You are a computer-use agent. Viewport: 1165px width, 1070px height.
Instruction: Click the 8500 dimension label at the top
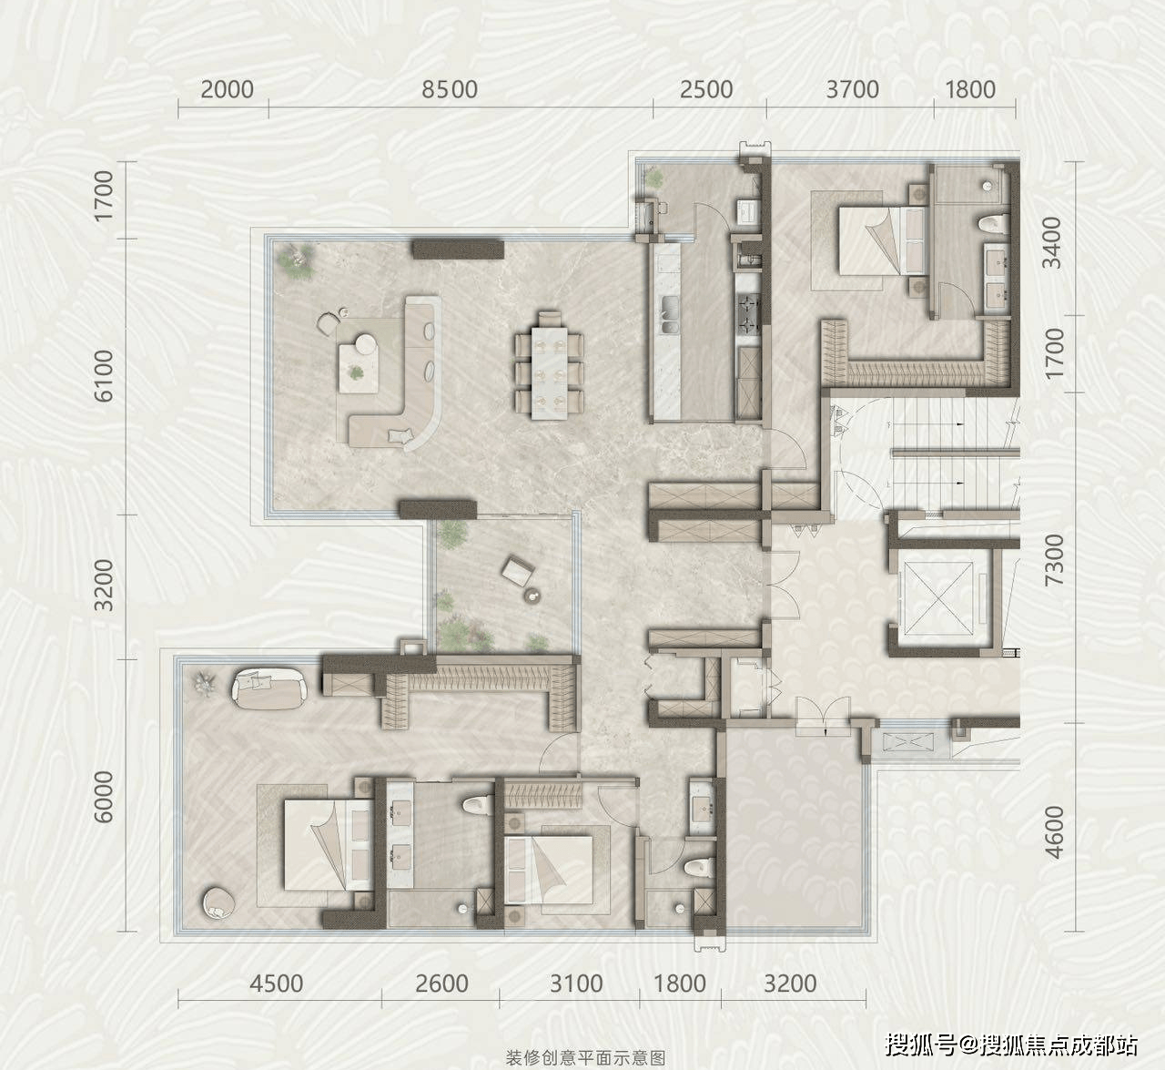click(450, 89)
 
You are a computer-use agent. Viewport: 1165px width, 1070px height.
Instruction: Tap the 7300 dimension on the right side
click(1054, 560)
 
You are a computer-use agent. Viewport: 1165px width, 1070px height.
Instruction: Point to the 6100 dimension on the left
click(105, 375)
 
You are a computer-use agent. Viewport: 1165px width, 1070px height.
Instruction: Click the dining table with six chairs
click(549, 365)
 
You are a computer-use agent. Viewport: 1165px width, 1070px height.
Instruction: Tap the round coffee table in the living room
click(367, 344)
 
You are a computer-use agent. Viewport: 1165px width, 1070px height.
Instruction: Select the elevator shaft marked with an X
click(938, 597)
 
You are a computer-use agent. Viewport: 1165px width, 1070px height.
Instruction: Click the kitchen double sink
click(670, 314)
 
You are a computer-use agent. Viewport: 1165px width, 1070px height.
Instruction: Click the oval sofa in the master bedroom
click(270, 689)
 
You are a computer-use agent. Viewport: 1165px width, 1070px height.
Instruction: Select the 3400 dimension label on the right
click(1052, 242)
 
